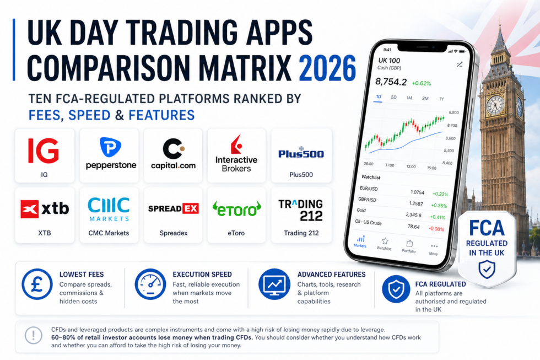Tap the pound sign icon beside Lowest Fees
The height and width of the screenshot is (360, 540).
click(37, 284)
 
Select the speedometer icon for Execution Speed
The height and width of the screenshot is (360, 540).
click(150, 284)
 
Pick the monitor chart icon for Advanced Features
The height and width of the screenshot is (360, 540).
click(274, 284)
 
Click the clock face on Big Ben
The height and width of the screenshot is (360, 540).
click(495, 104)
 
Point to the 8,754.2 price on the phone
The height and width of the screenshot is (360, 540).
click(390, 82)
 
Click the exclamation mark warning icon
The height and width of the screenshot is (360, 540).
click(34, 336)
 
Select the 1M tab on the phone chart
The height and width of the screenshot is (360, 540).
click(409, 98)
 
